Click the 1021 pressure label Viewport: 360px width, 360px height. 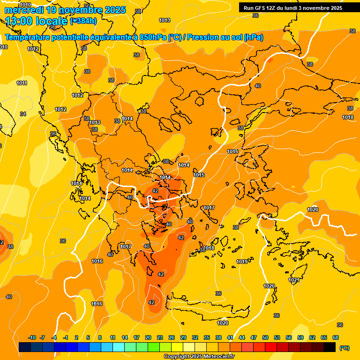(294, 280)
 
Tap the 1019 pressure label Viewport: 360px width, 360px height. (242, 262)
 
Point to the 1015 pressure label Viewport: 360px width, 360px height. (199, 175)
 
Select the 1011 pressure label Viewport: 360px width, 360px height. (22, 83)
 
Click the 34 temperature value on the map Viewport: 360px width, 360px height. (22, 114)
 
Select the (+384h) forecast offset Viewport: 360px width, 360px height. (83, 21)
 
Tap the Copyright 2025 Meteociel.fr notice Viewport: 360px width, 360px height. (199, 356)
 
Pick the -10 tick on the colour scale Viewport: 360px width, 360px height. (32, 337)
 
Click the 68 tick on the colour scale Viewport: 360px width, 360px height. (336, 337)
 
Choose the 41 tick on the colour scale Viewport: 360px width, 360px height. (230, 337)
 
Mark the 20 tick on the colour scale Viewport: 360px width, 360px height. (148, 337)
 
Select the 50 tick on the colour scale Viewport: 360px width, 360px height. (265, 337)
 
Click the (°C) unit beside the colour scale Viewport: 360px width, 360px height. (345, 348)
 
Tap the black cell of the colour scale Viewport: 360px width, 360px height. (330, 347)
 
